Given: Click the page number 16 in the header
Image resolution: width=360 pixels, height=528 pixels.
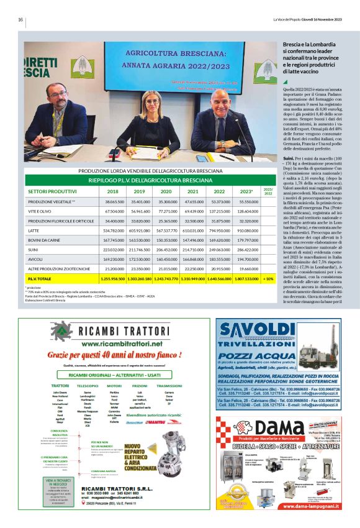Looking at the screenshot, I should tap(20, 19).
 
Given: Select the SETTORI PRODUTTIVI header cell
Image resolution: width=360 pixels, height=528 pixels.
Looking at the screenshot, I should tap(53, 191).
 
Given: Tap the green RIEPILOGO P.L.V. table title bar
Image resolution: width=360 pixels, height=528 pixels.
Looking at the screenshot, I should tap(150, 180).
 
